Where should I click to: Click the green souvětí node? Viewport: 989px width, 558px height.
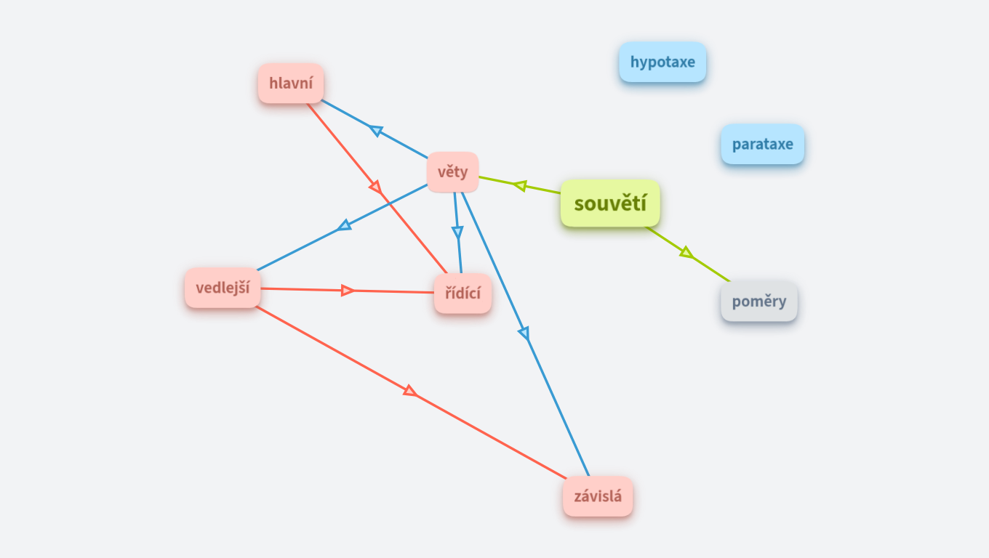point(610,203)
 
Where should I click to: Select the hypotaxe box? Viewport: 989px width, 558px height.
point(662,62)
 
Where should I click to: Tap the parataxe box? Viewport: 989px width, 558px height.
point(762,144)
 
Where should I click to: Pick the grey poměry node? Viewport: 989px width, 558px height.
point(758,301)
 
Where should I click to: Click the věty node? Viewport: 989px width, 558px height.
point(452,172)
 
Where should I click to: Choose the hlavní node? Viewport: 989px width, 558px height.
point(291,83)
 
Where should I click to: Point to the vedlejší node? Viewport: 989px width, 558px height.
point(223,288)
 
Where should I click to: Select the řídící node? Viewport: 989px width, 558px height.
point(463,294)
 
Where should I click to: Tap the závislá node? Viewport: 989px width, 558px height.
point(597,497)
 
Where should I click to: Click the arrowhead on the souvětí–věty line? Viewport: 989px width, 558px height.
point(519,185)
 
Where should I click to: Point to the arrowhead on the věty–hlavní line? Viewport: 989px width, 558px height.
point(375,130)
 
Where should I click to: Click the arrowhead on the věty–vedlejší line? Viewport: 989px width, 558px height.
point(344,226)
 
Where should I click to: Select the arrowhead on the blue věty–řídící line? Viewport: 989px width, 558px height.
point(457,232)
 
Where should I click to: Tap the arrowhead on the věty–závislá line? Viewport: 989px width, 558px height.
point(524,333)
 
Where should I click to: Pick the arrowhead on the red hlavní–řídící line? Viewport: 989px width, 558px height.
point(376,187)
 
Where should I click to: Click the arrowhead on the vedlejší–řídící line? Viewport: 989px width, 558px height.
point(348,291)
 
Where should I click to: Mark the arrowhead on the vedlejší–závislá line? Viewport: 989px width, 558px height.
point(410,392)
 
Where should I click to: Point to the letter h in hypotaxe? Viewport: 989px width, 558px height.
point(634,62)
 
